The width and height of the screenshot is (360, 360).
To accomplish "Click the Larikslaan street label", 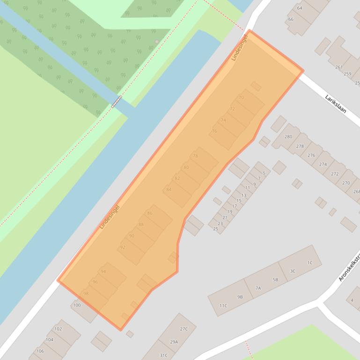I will (x=335, y=103).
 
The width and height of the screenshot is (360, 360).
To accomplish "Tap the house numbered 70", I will (x=242, y=98).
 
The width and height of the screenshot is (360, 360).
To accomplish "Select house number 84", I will (x=169, y=189).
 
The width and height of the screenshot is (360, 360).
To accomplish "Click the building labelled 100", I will (x=77, y=305).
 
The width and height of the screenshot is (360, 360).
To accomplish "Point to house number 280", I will (x=288, y=137).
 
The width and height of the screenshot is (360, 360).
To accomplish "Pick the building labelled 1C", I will (x=309, y=263).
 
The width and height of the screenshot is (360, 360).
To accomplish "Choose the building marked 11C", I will (x=223, y=306).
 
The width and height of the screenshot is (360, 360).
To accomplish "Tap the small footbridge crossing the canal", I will (x=117, y=101).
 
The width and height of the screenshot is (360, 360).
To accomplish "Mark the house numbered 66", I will (x=291, y=19).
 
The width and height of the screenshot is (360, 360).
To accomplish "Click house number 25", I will (x=216, y=229).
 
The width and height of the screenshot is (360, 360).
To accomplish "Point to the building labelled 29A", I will (x=174, y=342).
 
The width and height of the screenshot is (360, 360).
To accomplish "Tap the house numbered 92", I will (x=123, y=247).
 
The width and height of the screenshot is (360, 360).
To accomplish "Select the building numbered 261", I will (x=339, y=67).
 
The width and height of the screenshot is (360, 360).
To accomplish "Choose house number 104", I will (x=50, y=340).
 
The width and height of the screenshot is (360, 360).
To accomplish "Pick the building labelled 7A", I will (x=258, y=288).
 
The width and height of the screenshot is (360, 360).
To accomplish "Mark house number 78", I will (x=196, y=156).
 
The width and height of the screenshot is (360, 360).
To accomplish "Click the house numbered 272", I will (x=334, y=173).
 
